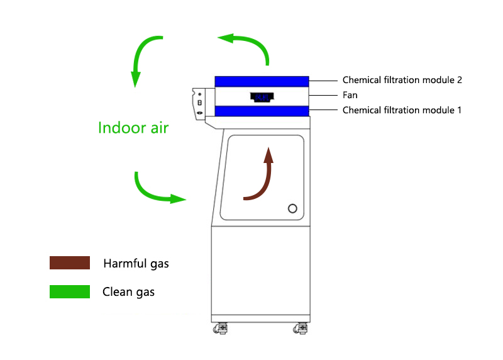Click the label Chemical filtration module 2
pos(402,80)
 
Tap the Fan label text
pos(350,95)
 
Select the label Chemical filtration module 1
pos(402,110)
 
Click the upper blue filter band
pos(262,81)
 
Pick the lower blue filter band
pos(262,111)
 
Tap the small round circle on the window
pos(292,208)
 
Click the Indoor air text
pos(133,128)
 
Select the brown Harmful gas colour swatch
pos(69,263)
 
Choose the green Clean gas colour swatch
pos(69,291)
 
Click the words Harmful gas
pos(136,264)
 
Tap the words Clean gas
pos(128,292)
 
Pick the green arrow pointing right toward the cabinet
pos(157,192)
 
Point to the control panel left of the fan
pos(199,103)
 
